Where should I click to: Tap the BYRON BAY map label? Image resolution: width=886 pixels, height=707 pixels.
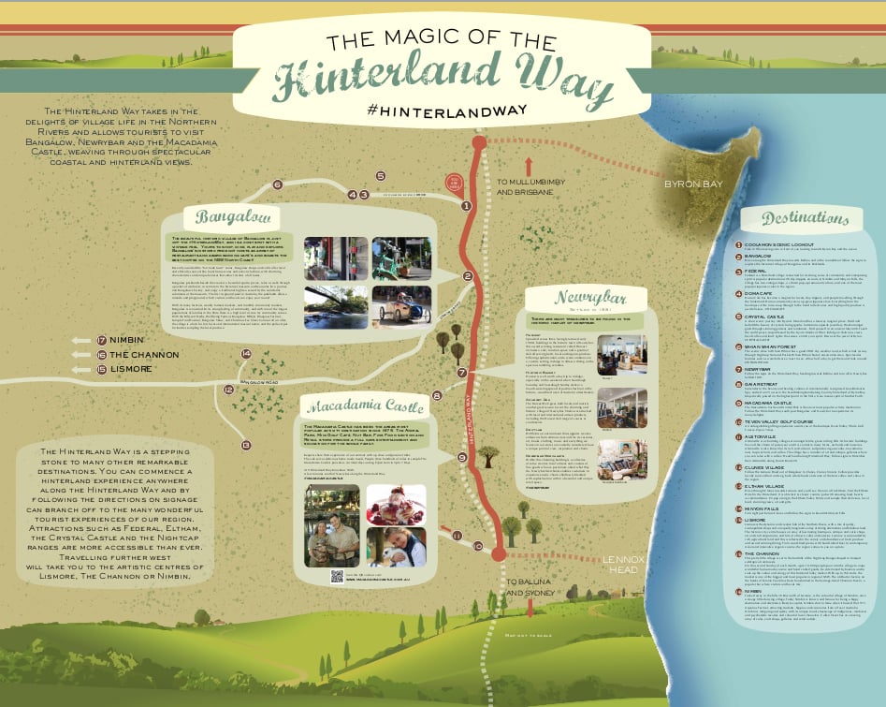coord(693,184)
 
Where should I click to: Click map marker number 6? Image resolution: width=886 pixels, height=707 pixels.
coord(277,184)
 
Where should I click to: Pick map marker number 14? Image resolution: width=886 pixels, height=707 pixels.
coord(246,354)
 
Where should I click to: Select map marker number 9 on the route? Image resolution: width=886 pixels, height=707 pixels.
coord(462,457)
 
